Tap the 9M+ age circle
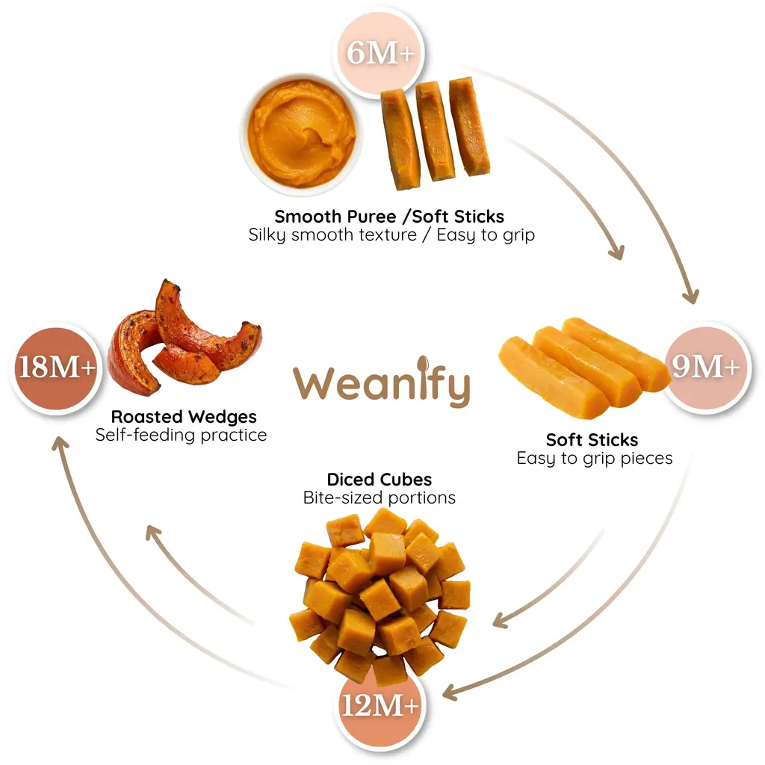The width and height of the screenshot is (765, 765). click(x=706, y=367)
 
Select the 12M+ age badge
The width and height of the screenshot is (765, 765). click(x=380, y=705)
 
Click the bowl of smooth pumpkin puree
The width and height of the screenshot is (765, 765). click(x=301, y=134)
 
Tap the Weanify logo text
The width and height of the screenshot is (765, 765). click(x=382, y=382)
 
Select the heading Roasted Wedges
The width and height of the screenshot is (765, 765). click(x=184, y=417)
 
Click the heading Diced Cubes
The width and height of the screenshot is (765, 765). click(x=379, y=480)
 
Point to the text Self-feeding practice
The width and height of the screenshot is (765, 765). click(x=181, y=435)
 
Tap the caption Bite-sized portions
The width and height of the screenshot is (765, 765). click(x=379, y=498)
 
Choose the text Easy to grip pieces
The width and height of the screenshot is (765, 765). click(x=594, y=459)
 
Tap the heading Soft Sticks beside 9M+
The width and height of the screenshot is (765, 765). click(x=592, y=440)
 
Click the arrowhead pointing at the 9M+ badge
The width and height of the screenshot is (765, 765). click(x=692, y=296)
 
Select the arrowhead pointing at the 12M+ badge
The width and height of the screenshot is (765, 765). click(x=449, y=693)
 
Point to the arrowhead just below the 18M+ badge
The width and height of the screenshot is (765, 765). click(x=60, y=443)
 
